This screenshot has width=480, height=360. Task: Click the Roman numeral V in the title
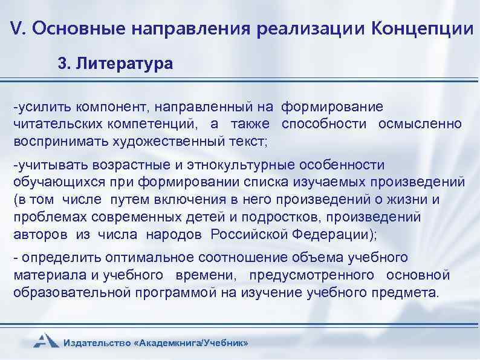coord(18,28)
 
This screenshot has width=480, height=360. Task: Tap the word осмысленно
coord(420,125)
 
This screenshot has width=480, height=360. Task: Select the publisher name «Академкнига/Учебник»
coord(193,343)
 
